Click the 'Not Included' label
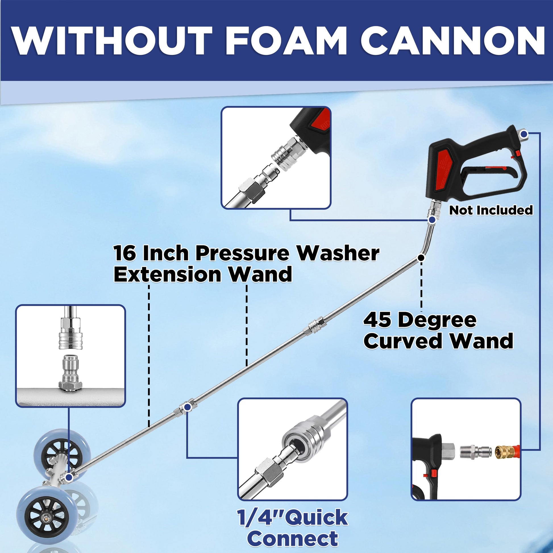[x=491, y=210]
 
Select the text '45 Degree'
[x=420, y=320]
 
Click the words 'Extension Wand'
[x=203, y=274]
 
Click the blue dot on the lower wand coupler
[x=186, y=407]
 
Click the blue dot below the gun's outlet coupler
[x=432, y=220]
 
